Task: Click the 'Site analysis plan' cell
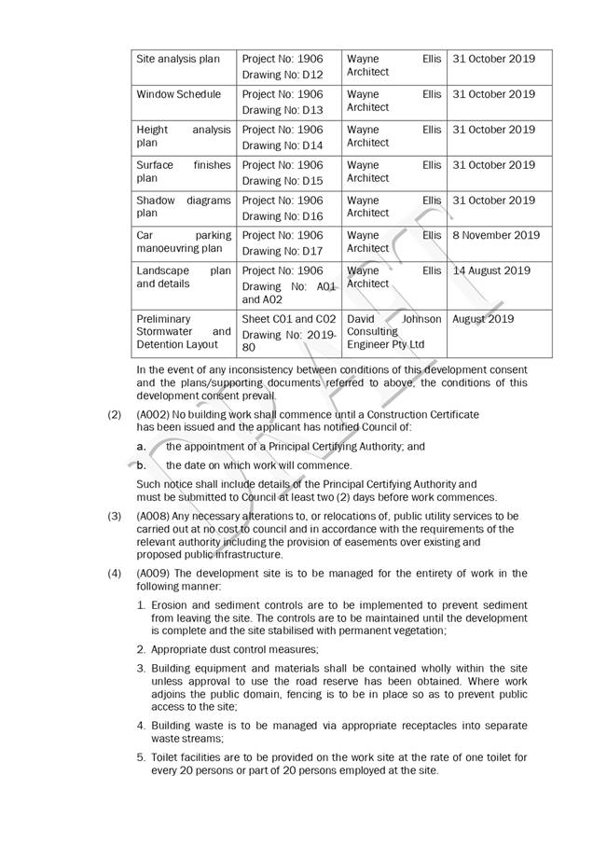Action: pyautogui.click(x=178, y=59)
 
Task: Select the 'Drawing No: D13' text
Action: pyautogui.click(x=283, y=110)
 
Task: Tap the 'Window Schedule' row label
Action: pyautogui.click(x=179, y=94)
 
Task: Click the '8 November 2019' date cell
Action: pyautogui.click(x=496, y=235)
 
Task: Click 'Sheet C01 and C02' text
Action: pyautogui.click(x=289, y=319)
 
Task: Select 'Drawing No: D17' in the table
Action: pyautogui.click(x=283, y=251)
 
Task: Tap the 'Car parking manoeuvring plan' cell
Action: pyautogui.click(x=183, y=242)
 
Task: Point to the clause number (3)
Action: pyautogui.click(x=114, y=516)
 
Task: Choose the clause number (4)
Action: pyautogui.click(x=114, y=574)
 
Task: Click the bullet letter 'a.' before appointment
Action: pyautogui.click(x=142, y=447)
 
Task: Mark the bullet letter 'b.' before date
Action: pyautogui.click(x=142, y=465)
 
